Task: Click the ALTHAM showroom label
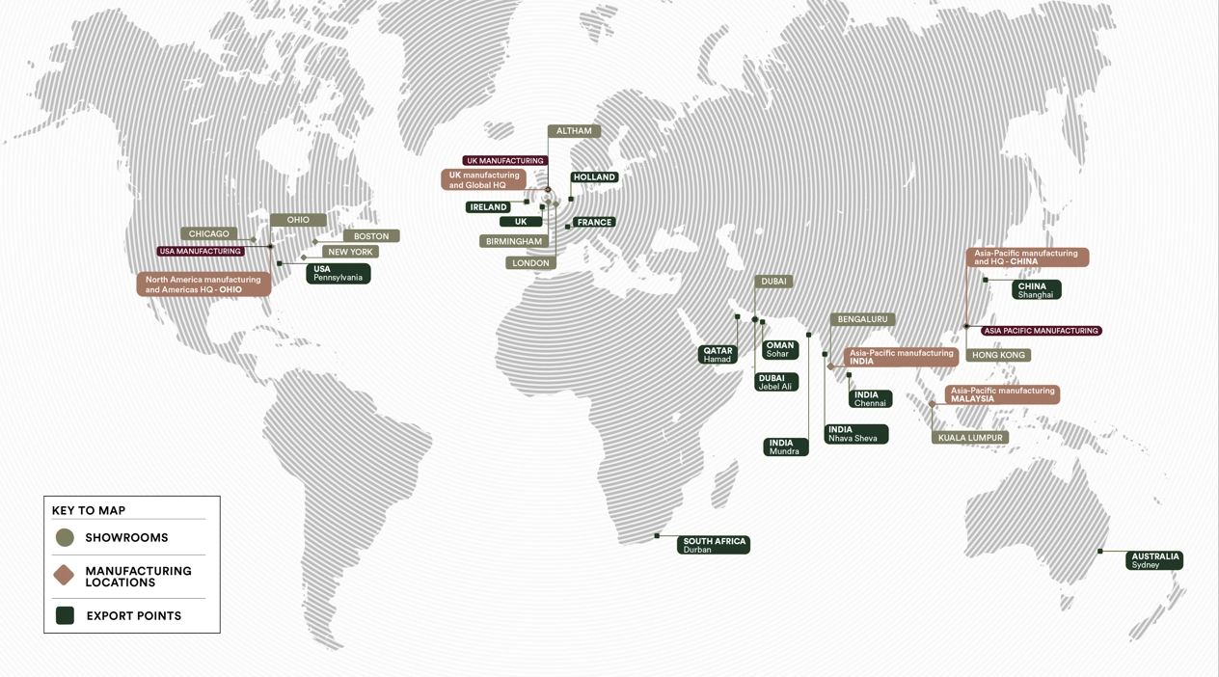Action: point(574,131)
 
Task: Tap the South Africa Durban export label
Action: point(714,545)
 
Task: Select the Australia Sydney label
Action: point(1154,560)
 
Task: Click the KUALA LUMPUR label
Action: point(970,438)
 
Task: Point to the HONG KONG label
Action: point(998,355)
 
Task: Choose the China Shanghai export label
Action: point(1036,289)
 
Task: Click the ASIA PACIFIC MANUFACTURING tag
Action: point(1041,331)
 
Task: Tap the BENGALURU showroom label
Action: point(862,319)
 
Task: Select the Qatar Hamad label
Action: point(718,355)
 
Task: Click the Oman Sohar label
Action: point(779,349)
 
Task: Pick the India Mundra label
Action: point(785,447)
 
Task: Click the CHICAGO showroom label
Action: point(209,233)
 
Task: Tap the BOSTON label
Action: point(371,235)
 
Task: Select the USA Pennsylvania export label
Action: point(338,274)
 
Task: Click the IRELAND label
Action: point(488,207)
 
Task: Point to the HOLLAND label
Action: point(594,177)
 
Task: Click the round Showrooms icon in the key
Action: point(65,538)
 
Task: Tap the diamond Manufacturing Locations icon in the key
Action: point(65,576)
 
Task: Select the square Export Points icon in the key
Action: point(65,615)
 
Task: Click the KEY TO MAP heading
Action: point(89,510)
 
